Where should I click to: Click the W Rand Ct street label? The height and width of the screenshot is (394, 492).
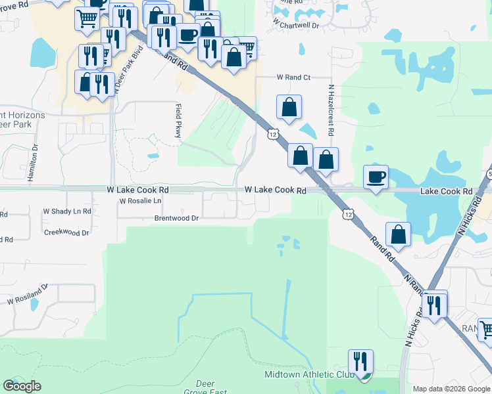293,77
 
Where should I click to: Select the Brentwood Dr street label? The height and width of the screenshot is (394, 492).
176,218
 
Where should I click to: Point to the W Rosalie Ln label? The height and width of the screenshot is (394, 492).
140,201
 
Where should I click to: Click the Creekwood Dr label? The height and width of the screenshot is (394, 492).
66,233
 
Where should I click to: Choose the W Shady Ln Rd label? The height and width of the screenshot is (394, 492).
67,211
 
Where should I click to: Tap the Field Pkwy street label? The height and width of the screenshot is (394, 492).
178,120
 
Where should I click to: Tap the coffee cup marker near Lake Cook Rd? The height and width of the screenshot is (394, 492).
376,177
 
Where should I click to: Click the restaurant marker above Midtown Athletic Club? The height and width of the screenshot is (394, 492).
360,361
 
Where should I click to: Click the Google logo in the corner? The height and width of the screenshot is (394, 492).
22,386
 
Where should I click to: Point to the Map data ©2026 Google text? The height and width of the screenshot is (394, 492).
451,389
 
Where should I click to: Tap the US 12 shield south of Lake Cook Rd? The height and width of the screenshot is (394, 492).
348,214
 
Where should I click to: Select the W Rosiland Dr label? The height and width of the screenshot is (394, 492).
28,294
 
